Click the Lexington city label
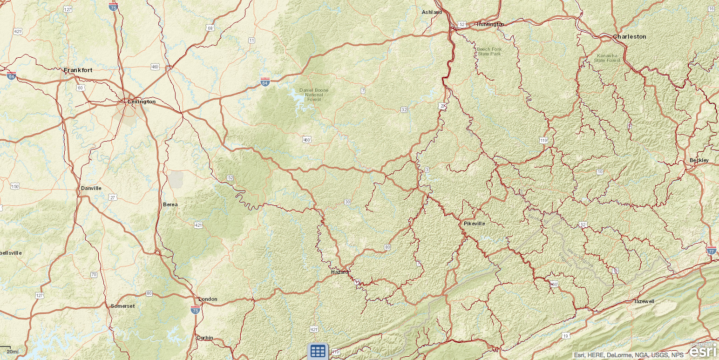(142, 102)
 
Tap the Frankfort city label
(78, 70)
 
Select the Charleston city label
(629, 36)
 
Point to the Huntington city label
(490, 24)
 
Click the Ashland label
(432, 12)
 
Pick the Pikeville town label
(474, 224)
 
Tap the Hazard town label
(339, 272)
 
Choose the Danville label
(91, 188)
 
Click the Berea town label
(170, 204)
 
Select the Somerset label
(122, 306)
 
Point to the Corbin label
(205, 338)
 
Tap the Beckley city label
(699, 160)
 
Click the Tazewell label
(644, 301)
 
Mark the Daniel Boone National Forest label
(313, 95)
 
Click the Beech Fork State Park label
(488, 51)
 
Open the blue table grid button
(318, 351)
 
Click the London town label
(208, 299)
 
